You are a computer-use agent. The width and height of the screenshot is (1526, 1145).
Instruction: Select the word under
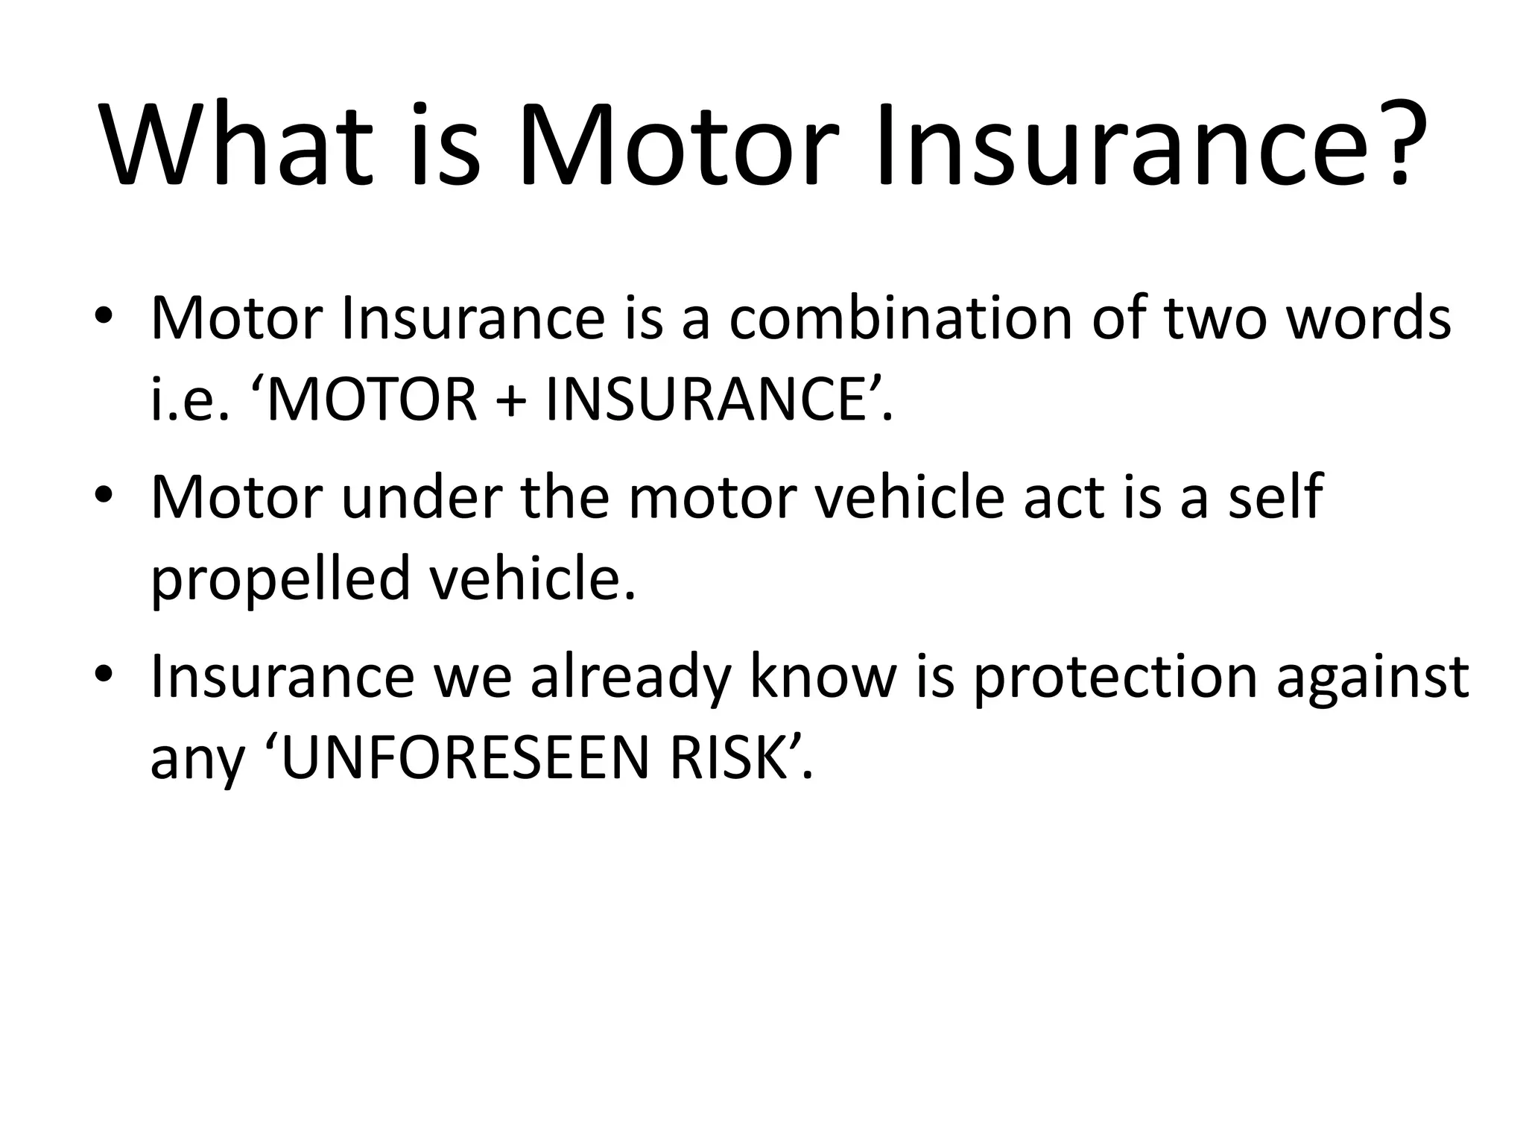422,497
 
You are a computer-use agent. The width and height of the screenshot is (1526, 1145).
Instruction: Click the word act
1063,497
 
